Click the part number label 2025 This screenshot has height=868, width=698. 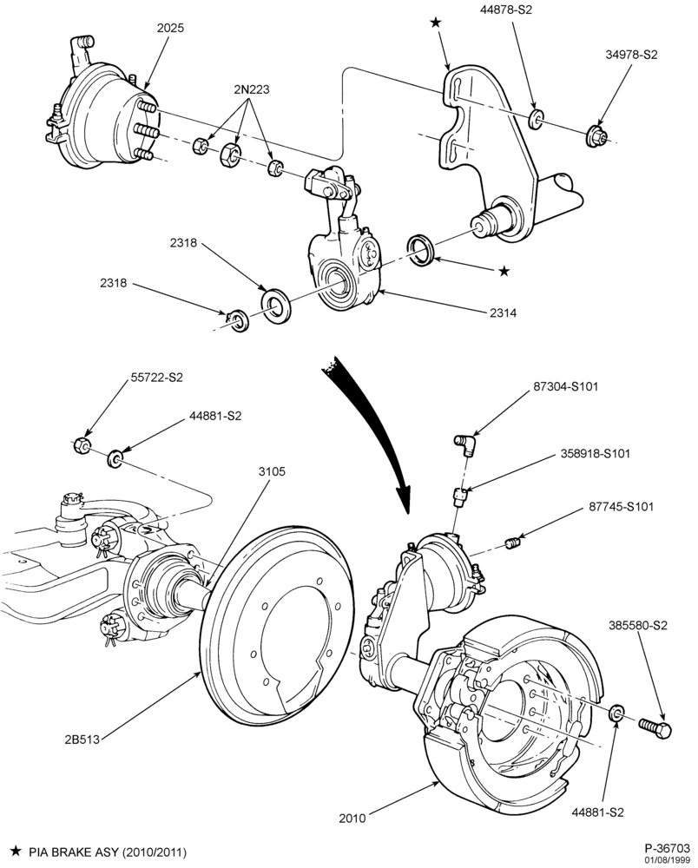170,28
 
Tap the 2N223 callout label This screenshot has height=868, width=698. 251,89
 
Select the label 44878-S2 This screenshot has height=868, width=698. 505,10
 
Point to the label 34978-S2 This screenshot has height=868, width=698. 631,55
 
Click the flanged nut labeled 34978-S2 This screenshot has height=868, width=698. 596,135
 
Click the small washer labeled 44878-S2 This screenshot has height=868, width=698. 536,119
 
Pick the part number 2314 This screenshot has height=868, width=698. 503,312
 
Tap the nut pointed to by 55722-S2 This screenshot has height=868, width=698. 82,444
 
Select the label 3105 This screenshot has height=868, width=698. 272,471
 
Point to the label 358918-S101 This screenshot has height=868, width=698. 595,453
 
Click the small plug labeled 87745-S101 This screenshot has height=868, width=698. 513,543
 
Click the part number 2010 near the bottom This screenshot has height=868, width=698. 352,818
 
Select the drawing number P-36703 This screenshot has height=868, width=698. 667,847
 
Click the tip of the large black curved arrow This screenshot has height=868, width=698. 408,513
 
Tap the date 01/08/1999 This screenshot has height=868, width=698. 671,859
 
